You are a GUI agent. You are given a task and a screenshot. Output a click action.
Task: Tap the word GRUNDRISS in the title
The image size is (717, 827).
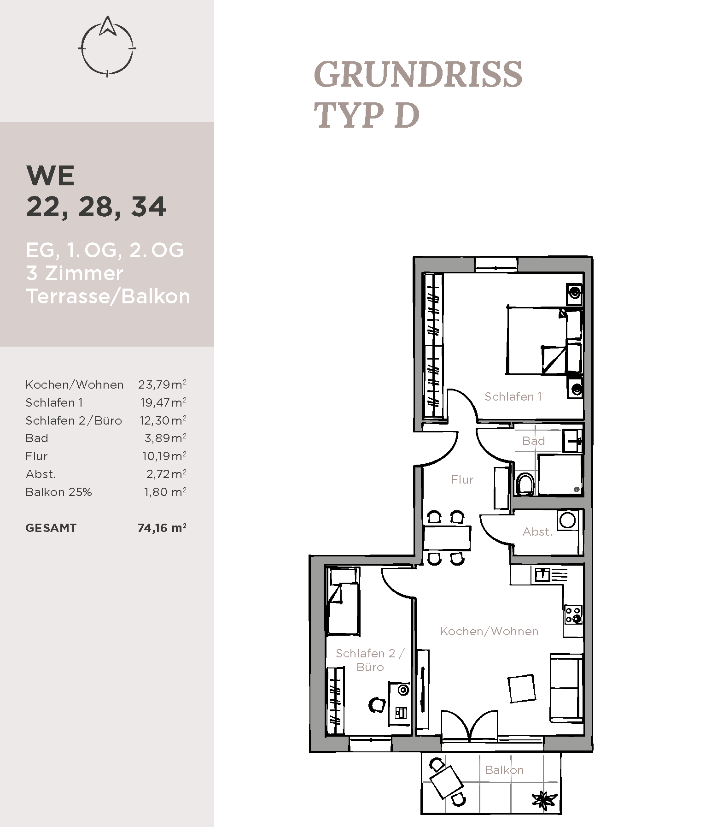coord(418,74)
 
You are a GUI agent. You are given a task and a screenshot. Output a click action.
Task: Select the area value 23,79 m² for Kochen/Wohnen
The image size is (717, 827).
coord(162,384)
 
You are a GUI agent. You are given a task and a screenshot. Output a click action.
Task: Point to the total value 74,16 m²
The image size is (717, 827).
coord(162,528)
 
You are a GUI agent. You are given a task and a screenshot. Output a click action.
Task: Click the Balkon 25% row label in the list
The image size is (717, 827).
coord(58,492)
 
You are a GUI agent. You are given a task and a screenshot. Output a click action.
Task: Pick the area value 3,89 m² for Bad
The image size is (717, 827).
coord(165,438)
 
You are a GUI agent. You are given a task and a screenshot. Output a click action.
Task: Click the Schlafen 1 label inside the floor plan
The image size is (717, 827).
coord(513,396)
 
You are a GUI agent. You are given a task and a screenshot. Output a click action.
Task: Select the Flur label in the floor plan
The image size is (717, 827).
coord(462,480)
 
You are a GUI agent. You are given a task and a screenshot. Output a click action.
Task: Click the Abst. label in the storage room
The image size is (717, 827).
coord(537,532)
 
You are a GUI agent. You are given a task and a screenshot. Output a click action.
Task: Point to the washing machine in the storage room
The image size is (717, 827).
coord(567,520)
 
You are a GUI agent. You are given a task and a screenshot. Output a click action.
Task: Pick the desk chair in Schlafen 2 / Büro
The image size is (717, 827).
coord(377,704)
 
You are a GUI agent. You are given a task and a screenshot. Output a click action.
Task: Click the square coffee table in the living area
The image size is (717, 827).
coord(522,689)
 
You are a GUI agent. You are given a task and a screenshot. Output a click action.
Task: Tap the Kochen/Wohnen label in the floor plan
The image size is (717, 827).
coord(489,631)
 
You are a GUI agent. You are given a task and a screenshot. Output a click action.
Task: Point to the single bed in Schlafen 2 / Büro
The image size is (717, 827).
coord(343,601)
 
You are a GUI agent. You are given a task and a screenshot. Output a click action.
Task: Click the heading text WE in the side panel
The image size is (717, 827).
coord(51,176)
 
